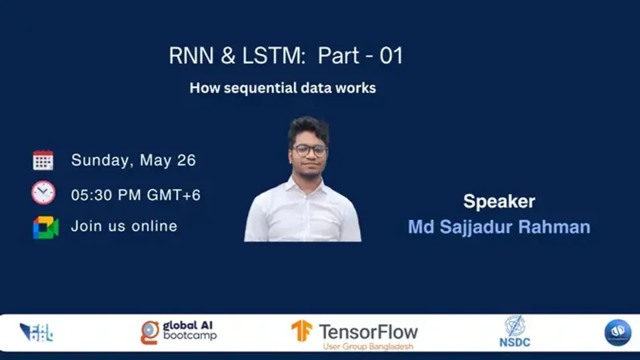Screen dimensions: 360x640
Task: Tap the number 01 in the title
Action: pos(391,56)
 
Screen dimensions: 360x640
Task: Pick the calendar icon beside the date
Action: pos(43,160)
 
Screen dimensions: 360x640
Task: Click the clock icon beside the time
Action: pos(43,193)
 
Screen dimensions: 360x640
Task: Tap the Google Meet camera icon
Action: pos(45,227)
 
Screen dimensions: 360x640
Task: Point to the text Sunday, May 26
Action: pos(133,160)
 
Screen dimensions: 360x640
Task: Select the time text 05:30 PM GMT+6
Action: pos(136,195)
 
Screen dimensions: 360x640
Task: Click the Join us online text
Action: pos(124,226)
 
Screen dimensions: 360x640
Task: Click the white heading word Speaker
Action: pos(499,201)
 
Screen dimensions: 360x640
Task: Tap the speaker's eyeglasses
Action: pos(309,151)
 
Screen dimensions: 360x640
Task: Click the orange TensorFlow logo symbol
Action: pos(301,331)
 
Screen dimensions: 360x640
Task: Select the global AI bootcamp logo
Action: pos(179,331)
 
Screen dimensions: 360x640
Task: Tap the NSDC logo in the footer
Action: pos(514,331)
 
